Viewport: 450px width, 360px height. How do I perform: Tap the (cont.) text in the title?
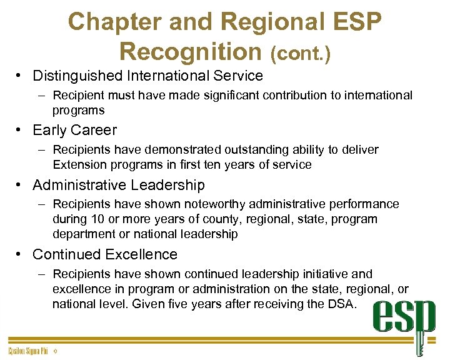tap(301, 52)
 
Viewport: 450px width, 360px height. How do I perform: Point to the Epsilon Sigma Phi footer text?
tap(28, 351)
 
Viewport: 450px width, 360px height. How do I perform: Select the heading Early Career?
tap(74, 130)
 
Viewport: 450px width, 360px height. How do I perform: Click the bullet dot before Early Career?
tap(20, 130)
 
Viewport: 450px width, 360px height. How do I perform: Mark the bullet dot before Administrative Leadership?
tap(20, 185)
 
